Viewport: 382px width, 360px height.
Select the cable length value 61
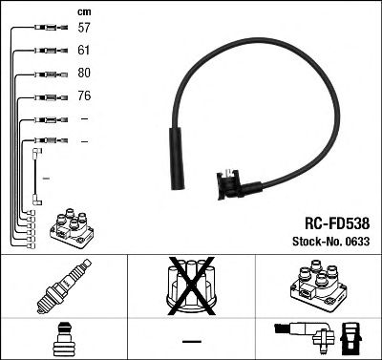(83, 52)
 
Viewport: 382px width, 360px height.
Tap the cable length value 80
(83, 74)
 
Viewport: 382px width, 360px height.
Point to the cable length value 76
(83, 96)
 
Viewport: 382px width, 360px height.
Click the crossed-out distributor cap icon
(190, 286)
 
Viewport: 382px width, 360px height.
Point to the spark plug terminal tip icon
(63, 338)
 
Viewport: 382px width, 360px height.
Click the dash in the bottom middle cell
(190, 340)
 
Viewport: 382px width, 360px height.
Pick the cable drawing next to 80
(49, 74)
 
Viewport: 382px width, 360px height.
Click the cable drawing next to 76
(49, 96)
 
